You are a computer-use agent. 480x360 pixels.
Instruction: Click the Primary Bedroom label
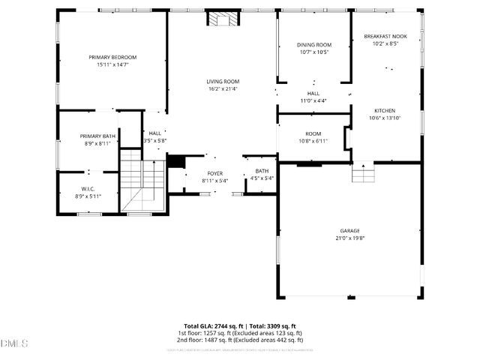(x=112, y=57)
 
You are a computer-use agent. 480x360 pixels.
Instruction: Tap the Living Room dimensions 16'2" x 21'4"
(x=223, y=89)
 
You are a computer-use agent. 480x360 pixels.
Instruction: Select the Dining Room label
(x=314, y=45)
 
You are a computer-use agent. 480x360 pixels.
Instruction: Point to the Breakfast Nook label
(x=385, y=36)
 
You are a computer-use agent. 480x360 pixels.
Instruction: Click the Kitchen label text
(x=385, y=109)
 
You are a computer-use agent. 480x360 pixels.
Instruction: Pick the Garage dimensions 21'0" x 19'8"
(x=349, y=238)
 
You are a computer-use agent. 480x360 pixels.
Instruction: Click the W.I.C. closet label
(x=87, y=188)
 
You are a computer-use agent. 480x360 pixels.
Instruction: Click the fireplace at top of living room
(x=222, y=19)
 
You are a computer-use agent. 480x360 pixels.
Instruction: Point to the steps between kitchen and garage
(x=363, y=174)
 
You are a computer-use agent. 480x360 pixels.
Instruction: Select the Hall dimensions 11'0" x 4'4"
(x=313, y=100)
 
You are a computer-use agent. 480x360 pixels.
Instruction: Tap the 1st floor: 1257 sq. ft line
(x=240, y=333)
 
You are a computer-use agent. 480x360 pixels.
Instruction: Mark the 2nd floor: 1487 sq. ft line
(x=240, y=340)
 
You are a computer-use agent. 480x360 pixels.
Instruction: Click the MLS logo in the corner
(x=13, y=343)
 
